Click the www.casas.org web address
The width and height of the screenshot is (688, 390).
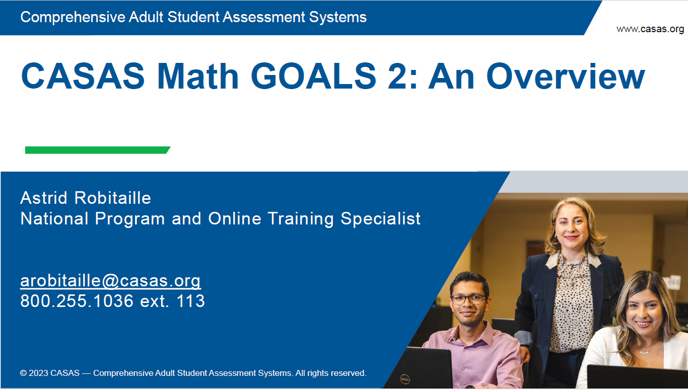coord(650,29)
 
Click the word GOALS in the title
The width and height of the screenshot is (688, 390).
coord(313,76)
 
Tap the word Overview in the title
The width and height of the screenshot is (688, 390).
coord(566,76)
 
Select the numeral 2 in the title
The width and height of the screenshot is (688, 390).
coord(397,76)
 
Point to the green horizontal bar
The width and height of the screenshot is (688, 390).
coord(98,150)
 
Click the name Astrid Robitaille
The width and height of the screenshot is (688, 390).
coord(86,198)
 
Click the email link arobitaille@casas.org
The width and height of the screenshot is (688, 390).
coord(111,281)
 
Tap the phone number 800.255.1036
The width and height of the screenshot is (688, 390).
coord(77,301)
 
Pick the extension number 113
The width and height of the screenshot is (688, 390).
coord(190,301)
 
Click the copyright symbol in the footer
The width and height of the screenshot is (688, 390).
coord(23,373)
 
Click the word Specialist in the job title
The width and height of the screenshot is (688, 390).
coord(381,219)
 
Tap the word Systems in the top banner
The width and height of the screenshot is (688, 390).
coord(338,17)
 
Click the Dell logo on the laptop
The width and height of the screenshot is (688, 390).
coord(405,379)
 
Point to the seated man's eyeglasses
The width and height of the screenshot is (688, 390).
coord(468,299)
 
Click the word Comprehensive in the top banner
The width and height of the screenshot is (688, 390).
coord(73,18)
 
